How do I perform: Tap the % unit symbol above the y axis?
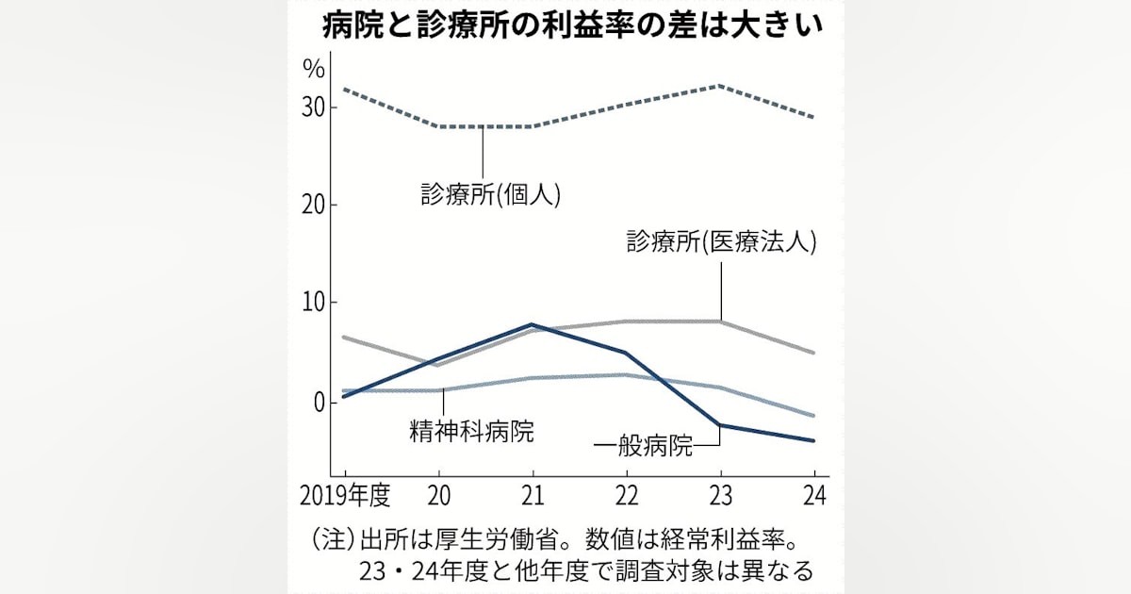click(313, 68)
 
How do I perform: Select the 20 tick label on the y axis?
click(314, 205)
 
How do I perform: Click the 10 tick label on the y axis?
click(314, 303)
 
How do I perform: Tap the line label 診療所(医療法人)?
click(721, 241)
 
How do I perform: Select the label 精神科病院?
click(471, 433)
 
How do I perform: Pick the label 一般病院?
click(644, 445)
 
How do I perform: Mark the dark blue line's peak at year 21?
click(533, 324)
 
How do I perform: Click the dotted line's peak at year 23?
click(720, 86)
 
